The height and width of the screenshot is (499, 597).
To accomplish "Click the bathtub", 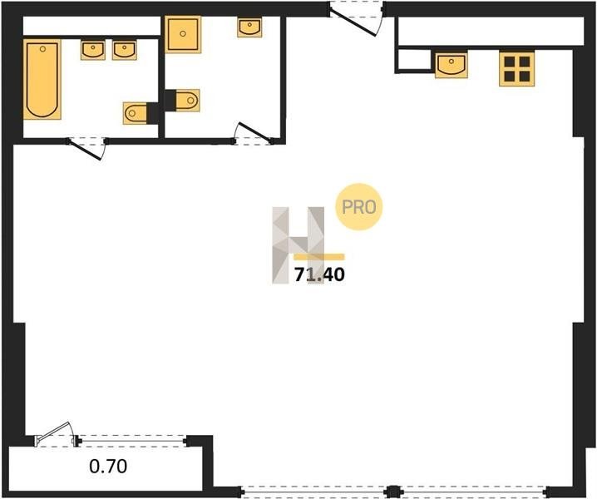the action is click(42, 79).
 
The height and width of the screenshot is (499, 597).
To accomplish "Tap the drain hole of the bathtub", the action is click(42, 49).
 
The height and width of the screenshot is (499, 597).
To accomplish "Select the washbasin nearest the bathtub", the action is click(93, 51).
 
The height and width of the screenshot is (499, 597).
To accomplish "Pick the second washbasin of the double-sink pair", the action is click(125, 51).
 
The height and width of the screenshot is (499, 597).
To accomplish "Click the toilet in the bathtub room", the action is click(136, 113).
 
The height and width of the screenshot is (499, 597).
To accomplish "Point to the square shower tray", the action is click(183, 34).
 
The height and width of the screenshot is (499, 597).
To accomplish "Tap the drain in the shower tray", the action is click(183, 33).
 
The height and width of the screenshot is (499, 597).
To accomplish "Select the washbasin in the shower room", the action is click(249, 27).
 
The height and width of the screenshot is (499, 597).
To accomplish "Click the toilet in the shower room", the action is click(187, 101).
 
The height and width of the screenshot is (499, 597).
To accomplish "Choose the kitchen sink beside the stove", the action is click(451, 65).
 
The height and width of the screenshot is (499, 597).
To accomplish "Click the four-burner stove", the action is click(516, 69).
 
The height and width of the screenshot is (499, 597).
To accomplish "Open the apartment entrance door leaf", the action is click(353, 23).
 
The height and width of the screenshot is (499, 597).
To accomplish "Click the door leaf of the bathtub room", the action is click(86, 151).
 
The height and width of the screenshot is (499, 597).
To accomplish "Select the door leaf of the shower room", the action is click(254, 132).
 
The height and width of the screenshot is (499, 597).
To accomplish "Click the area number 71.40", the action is click(320, 274).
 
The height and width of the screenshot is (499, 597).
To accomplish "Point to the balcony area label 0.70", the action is click(108, 466).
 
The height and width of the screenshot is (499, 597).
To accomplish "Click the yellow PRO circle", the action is click(358, 207).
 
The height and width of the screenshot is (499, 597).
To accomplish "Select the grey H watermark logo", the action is click(298, 245).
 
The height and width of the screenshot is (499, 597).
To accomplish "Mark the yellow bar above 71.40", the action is click(319, 257).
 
